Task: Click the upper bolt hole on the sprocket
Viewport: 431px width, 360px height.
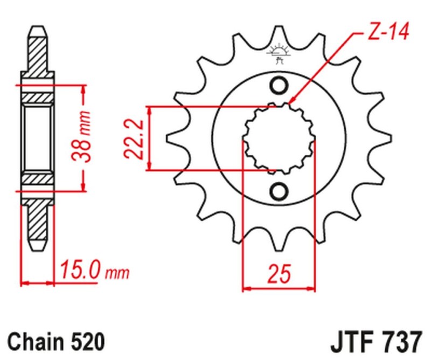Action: [279, 86]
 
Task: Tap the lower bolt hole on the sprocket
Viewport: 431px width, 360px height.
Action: [279, 191]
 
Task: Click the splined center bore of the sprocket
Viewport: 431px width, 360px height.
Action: [278, 138]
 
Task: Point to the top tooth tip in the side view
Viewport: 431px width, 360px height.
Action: [37, 30]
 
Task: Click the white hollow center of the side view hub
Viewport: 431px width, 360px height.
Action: [37, 138]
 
